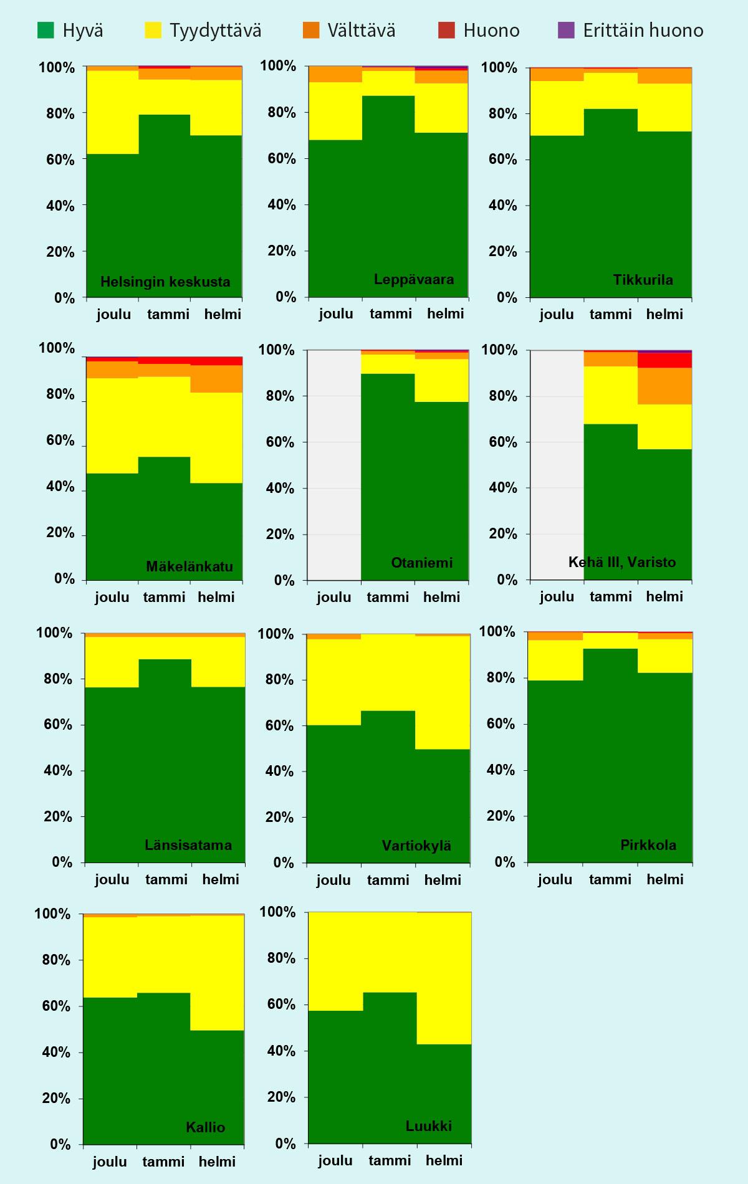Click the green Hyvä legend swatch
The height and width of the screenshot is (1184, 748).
click(46, 30)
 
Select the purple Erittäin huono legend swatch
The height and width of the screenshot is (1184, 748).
click(566, 30)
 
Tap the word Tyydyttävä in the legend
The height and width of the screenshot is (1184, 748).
click(216, 30)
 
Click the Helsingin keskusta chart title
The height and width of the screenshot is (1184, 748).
click(165, 282)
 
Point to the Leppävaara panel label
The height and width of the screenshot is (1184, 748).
click(414, 279)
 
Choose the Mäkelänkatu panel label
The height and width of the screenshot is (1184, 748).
click(189, 566)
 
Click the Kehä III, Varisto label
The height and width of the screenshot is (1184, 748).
click(622, 562)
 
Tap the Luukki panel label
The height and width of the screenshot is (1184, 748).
click(429, 1126)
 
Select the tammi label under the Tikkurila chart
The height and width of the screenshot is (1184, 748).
click(610, 314)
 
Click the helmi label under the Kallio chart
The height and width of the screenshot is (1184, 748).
click(217, 1162)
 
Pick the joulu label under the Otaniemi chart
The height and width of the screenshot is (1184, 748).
click(334, 597)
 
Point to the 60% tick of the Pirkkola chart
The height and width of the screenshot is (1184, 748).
click(501, 724)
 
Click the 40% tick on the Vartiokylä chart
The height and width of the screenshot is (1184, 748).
click(279, 771)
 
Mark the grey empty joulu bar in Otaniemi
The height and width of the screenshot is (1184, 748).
click(335, 465)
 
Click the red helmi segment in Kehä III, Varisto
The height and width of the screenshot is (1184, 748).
click(664, 360)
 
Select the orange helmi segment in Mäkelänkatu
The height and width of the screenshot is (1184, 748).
click(216, 379)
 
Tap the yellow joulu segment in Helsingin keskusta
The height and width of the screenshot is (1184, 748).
click(112, 112)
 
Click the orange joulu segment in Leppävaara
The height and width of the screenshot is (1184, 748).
click(335, 74)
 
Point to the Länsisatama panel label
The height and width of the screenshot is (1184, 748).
click(188, 845)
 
